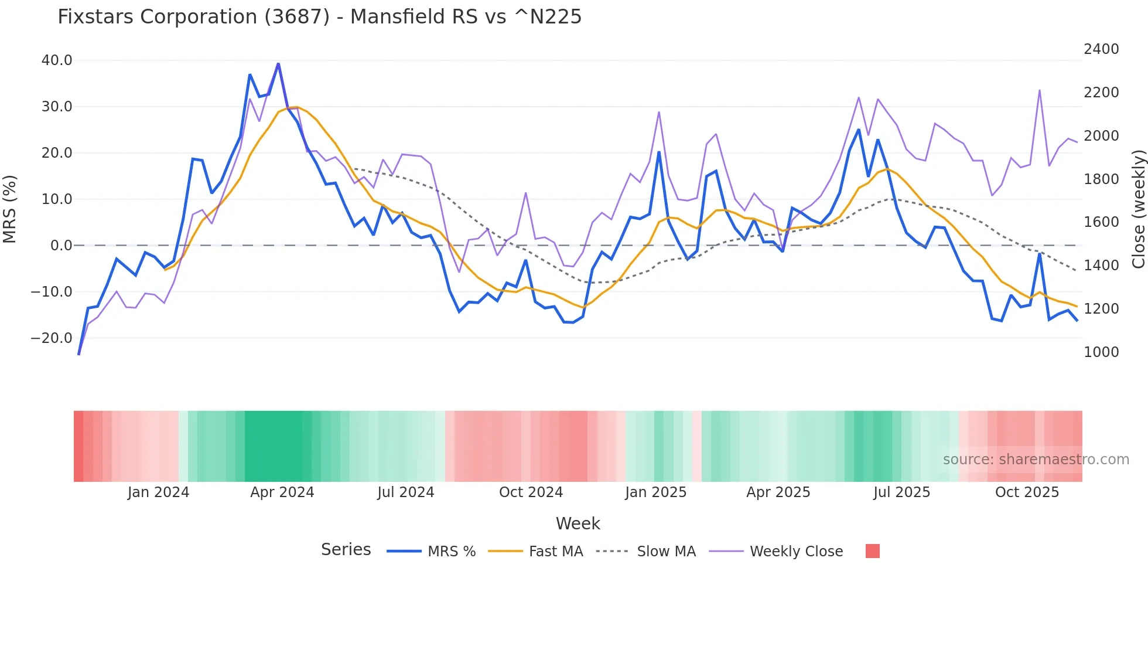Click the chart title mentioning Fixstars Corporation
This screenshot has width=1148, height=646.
(x=319, y=17)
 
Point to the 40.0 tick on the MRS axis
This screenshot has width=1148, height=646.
(x=57, y=60)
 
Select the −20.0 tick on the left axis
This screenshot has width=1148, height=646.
(x=52, y=338)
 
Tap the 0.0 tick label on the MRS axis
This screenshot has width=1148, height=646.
(x=61, y=246)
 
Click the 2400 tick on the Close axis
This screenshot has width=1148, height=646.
(x=1101, y=49)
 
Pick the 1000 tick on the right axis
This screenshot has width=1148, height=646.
(x=1101, y=352)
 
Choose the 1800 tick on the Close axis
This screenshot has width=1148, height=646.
(x=1101, y=179)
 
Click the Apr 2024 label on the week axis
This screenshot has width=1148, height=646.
(x=282, y=492)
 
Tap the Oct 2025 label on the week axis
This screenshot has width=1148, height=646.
(x=1027, y=492)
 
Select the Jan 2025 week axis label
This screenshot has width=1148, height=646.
(x=655, y=492)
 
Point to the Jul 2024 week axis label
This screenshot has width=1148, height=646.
(x=405, y=492)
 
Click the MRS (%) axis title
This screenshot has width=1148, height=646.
(x=10, y=209)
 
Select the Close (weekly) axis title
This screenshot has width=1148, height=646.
(x=1138, y=209)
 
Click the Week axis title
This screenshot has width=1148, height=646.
(x=578, y=523)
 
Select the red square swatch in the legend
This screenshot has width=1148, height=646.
(x=872, y=551)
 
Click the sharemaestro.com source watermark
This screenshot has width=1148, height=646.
(x=1036, y=460)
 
